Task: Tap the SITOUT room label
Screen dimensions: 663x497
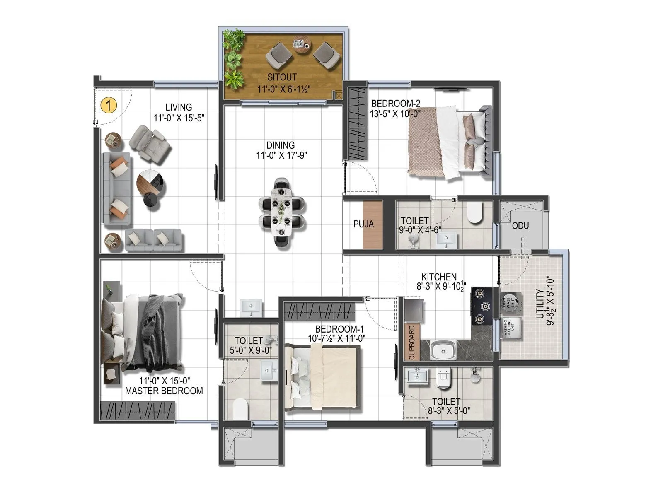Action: [282, 77]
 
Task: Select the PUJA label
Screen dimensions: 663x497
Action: [363, 224]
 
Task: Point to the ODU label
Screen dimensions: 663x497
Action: [520, 226]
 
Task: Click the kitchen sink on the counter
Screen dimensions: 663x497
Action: [443, 350]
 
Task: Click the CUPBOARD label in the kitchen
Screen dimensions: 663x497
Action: [412, 342]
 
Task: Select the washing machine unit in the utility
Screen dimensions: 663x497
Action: [512, 328]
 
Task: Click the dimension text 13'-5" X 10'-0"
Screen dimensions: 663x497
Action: [395, 113]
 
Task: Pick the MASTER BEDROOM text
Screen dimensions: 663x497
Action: [164, 391]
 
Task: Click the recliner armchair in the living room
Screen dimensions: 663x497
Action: [150, 143]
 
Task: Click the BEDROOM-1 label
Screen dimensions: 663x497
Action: [339, 329]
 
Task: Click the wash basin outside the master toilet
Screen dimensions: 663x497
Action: [251, 308]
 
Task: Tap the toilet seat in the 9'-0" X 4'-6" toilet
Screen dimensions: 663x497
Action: [475, 212]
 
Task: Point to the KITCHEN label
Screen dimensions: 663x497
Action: [439, 277]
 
